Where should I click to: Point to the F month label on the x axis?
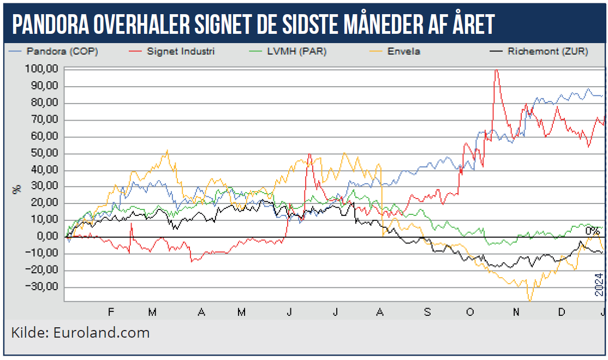coord(111,312)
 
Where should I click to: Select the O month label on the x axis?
coord(469,312)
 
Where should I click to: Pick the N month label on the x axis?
coord(516,312)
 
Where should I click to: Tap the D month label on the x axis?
coord(561,312)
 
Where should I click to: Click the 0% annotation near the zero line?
coord(592,231)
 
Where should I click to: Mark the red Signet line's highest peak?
coord(496,70)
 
